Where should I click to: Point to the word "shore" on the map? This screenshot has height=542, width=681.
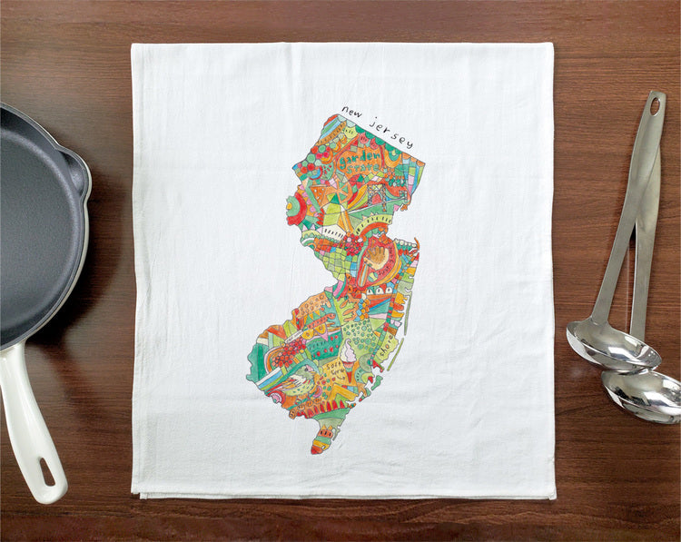392,346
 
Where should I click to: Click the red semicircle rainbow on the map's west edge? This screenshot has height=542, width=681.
293,210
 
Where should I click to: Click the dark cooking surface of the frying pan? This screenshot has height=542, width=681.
32,218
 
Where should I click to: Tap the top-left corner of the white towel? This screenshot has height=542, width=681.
133,45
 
